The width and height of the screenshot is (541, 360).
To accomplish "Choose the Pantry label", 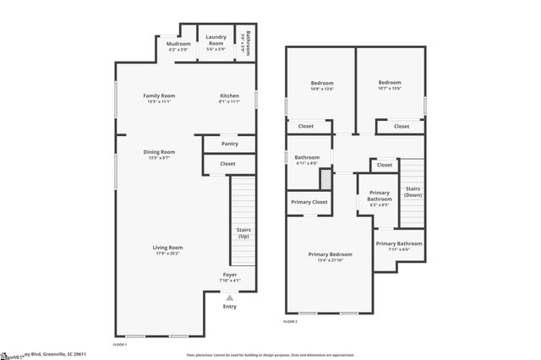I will (x=230, y=144).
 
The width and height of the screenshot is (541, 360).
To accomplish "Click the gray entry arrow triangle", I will (x=230, y=297).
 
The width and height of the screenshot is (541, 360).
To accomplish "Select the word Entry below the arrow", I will (x=230, y=306).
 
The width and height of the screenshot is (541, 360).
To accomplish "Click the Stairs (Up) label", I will (x=243, y=233).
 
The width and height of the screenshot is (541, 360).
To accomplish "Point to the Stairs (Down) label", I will (x=413, y=191).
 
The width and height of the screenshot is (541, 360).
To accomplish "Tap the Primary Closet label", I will (x=309, y=203).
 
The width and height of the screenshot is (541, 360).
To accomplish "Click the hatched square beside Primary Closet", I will (x=347, y=205).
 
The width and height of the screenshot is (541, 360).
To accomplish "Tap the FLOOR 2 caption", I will (x=291, y=322).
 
